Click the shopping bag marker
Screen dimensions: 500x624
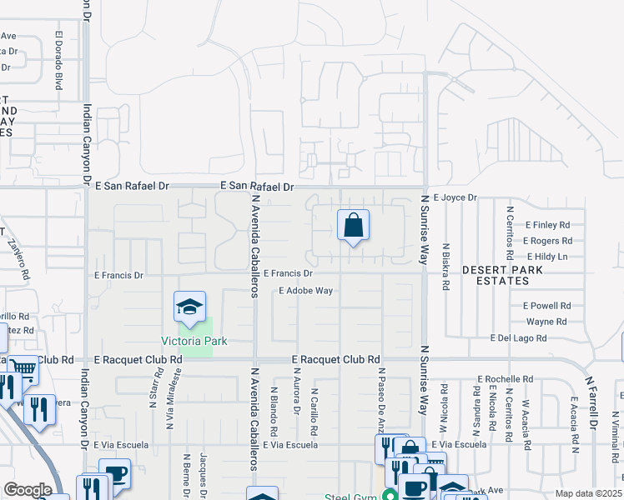(353, 225)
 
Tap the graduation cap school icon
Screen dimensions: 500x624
(189, 307)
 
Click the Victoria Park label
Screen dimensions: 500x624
(194, 342)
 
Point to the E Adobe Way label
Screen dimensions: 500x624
(306, 291)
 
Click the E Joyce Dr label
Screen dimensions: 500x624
(455, 197)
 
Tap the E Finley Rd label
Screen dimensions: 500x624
(547, 225)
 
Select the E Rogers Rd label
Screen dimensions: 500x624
(547, 241)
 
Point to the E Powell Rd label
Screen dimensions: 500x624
(547, 306)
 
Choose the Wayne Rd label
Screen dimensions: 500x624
(546, 322)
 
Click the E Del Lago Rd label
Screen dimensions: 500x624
(518, 338)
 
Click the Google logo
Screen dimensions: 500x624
(28, 490)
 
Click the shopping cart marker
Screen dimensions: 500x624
(24, 368)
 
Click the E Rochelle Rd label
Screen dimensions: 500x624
(504, 378)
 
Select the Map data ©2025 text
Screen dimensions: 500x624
(589, 493)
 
